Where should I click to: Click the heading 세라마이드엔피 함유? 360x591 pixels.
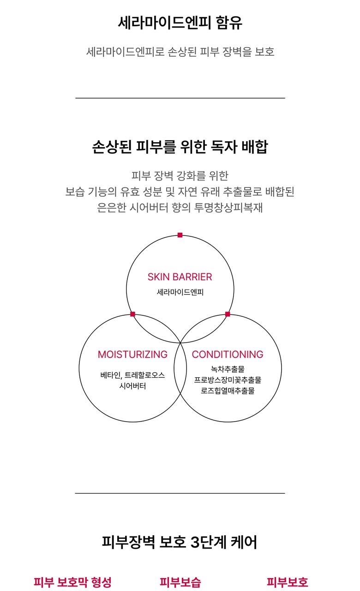[x=180, y=23]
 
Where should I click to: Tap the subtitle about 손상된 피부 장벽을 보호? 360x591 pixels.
[x=180, y=51]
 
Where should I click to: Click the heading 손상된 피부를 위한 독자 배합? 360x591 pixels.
[x=180, y=147]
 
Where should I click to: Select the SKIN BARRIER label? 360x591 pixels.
[x=180, y=277]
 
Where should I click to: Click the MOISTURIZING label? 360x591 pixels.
[x=132, y=354]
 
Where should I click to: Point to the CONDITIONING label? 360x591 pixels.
[x=228, y=354]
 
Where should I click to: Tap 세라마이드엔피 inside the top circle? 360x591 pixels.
[x=180, y=292]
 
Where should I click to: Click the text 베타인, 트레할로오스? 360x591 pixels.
[x=132, y=375]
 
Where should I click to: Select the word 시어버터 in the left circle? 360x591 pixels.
[x=132, y=386]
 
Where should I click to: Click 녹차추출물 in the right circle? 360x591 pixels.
[x=228, y=369]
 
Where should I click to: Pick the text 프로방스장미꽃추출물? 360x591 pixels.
[x=228, y=380]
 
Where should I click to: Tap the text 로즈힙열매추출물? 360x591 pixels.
[x=228, y=391]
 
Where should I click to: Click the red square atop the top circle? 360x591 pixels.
[x=180, y=235]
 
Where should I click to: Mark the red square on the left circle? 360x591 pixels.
[x=132, y=314]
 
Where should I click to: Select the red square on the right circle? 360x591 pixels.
[x=228, y=314]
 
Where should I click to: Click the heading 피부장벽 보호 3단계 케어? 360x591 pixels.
[x=180, y=542]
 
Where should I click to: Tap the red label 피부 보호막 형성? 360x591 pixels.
[x=72, y=582]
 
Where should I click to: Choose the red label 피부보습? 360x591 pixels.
[x=180, y=582]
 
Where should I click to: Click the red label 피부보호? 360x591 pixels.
[x=288, y=582]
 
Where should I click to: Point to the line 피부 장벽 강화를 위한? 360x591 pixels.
[x=180, y=176]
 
